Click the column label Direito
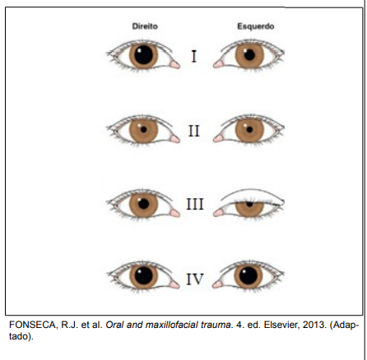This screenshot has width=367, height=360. click(x=145, y=26)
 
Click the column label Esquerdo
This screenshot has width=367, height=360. click(x=256, y=26)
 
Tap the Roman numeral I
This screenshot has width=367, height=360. click(x=194, y=57)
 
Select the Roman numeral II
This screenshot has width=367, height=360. click(x=194, y=131)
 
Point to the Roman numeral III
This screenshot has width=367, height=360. click(x=195, y=204)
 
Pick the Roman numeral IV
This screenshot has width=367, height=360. click(x=195, y=279)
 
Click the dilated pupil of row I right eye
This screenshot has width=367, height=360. click(x=143, y=55)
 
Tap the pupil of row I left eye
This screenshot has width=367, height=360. click(x=249, y=55)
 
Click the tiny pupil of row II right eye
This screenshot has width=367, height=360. click(x=143, y=129)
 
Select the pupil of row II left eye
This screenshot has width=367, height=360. click(x=249, y=129)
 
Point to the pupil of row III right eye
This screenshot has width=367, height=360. click(x=143, y=204)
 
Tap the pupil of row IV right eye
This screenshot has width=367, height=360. click(x=143, y=275)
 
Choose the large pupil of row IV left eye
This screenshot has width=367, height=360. click(x=249, y=275)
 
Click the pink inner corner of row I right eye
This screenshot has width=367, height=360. click(x=174, y=65)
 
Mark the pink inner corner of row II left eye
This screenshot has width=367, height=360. click(x=218, y=139)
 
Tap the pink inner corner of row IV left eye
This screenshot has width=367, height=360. click(x=217, y=284)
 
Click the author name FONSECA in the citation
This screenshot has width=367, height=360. click(x=32, y=325)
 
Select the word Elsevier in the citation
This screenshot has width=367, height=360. click(x=281, y=325)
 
